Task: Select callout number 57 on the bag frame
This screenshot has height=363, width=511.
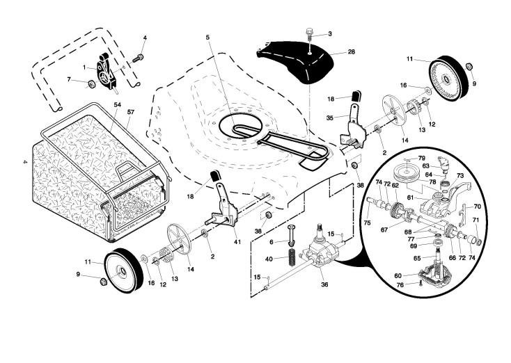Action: pos(130,112)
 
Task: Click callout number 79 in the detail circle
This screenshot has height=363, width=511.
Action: pos(422,158)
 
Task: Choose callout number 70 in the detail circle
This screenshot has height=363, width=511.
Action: pos(477,207)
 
